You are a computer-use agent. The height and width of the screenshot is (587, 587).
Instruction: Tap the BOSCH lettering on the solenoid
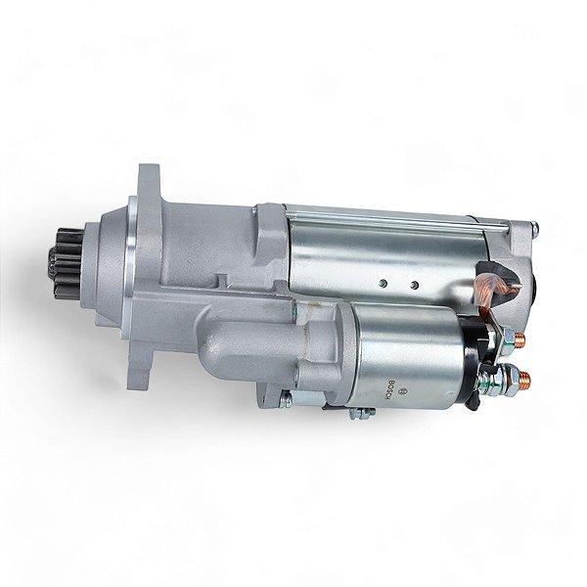click(387, 387)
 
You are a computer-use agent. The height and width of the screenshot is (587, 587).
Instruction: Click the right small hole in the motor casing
click(414, 287)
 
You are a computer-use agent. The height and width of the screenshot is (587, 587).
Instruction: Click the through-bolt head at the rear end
click(534, 231)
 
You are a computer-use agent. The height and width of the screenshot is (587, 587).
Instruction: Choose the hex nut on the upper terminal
click(508, 339)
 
